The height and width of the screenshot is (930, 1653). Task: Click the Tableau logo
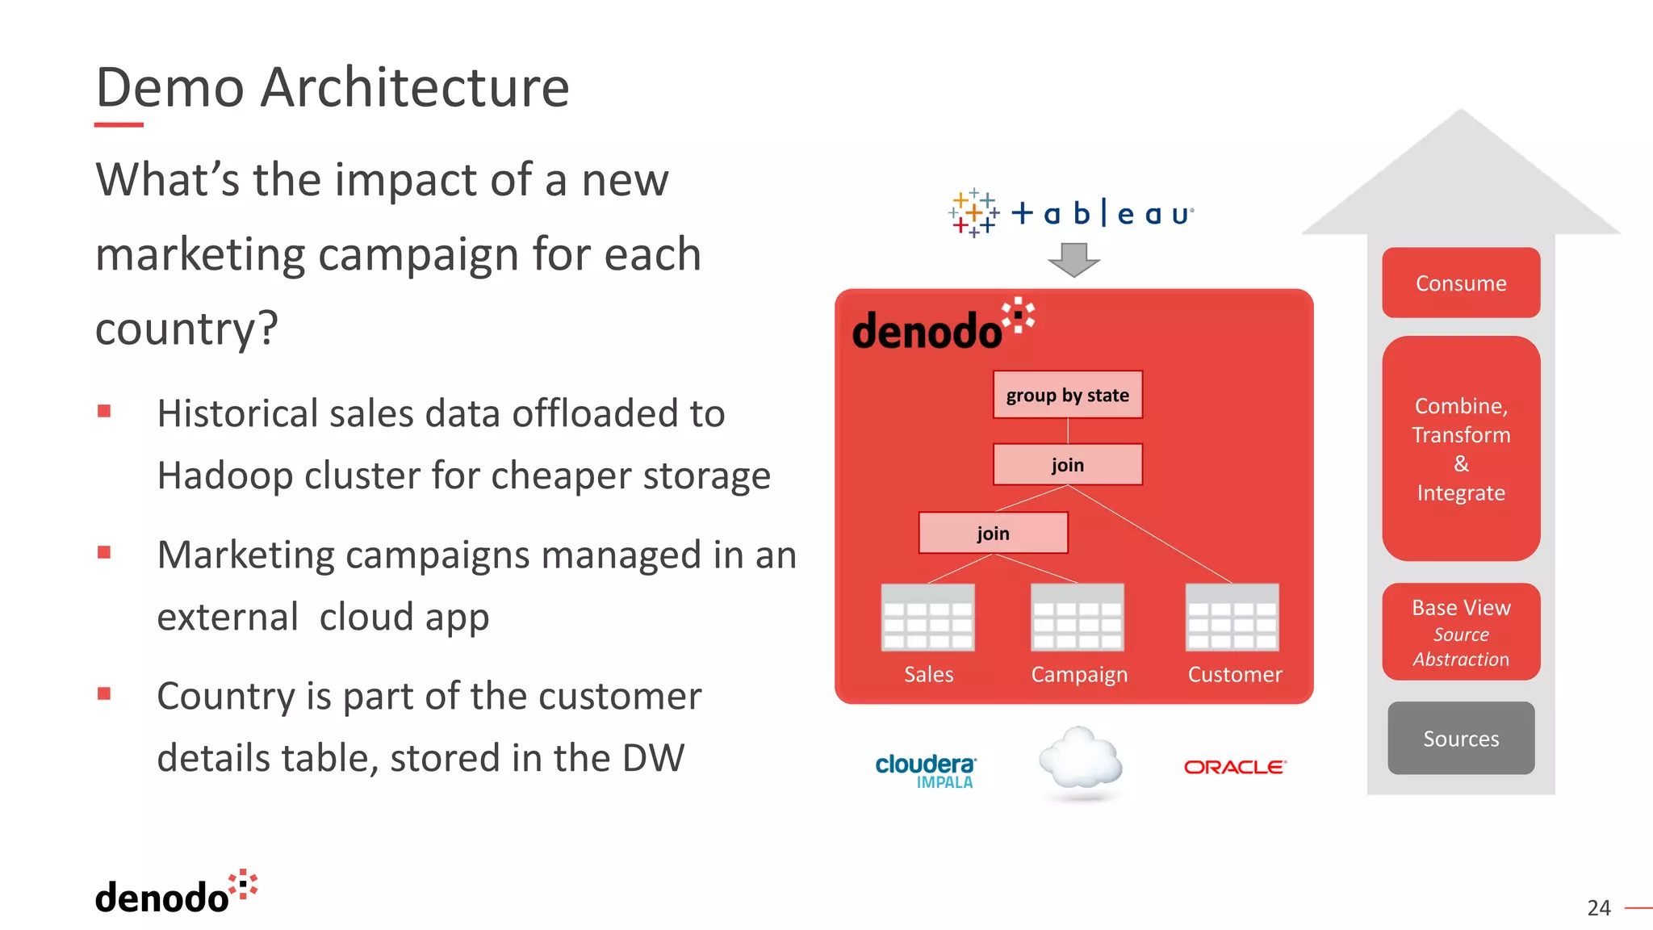(x=1070, y=213)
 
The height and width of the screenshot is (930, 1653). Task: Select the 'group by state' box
(x=1067, y=395)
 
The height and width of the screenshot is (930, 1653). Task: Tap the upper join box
(x=1067, y=464)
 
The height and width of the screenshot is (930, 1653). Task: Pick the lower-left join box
(x=993, y=533)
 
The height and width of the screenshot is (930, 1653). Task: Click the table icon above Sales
(x=928, y=618)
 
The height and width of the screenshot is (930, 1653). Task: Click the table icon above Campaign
(x=1078, y=618)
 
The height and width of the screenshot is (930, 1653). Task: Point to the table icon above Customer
(x=1232, y=618)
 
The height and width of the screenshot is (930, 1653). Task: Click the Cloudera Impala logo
(x=926, y=770)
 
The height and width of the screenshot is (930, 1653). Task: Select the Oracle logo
(x=1235, y=767)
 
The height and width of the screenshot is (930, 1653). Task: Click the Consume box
(x=1461, y=283)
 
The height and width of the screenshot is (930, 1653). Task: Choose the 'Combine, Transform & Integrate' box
(x=1461, y=449)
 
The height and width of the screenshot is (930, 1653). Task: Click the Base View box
(x=1461, y=631)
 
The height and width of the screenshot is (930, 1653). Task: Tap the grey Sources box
(x=1461, y=738)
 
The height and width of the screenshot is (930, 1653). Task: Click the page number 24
(x=1598, y=908)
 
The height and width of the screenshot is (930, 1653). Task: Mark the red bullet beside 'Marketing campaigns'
(x=104, y=553)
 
